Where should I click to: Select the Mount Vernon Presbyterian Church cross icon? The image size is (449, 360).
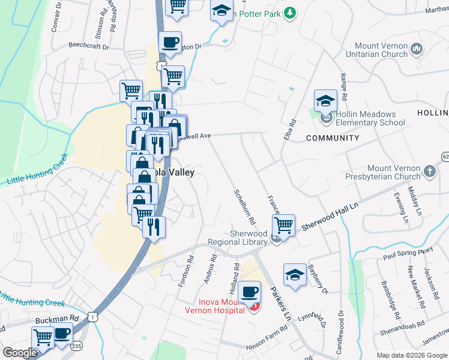coord(430,172)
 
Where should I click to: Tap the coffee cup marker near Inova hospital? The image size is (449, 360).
coord(250,292)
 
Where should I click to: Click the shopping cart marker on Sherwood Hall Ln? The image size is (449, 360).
coord(283,226)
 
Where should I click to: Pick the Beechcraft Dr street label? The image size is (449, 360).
coord(88,46)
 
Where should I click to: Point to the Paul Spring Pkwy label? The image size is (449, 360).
coord(408,253)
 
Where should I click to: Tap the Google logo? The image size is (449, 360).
coord(20,353)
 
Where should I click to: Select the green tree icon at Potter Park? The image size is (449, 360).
coord(290,12)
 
